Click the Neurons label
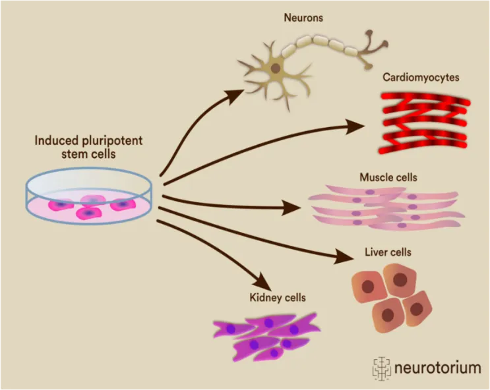pyautogui.click(x=303, y=18)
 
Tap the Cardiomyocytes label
pyautogui.click(x=421, y=78)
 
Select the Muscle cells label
pyautogui.click(x=388, y=177)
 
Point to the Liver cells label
pyautogui.click(x=388, y=252)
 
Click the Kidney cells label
pyautogui.click(x=278, y=298)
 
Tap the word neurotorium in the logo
pyautogui.click(x=437, y=368)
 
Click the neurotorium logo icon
pyautogui.click(x=382, y=368)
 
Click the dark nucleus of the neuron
pyautogui.click(x=275, y=68)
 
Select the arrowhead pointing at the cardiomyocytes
pyautogui.click(x=355, y=126)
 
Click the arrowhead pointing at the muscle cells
pyautogui.click(x=291, y=208)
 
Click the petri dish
pyautogui.click(x=89, y=196)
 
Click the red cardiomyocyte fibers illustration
pyautogui.click(x=425, y=123)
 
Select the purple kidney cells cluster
pyautogui.click(x=266, y=337)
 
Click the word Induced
pyautogui.click(x=57, y=140)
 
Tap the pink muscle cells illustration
pyautogui.click(x=386, y=208)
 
